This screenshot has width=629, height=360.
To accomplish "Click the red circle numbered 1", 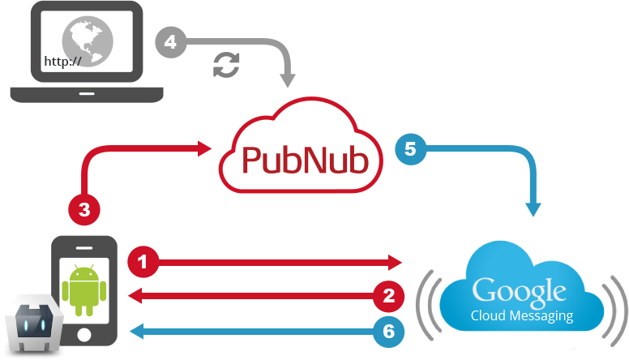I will tap(143, 262).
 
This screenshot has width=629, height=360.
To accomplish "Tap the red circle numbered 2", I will tap(388, 296).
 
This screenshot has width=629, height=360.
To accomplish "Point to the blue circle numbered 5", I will tap(409, 149).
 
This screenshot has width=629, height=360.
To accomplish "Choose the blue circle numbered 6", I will tap(388, 330).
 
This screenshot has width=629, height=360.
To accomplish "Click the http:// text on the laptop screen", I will tap(62, 61).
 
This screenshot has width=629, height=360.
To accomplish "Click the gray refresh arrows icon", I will tap(226, 65).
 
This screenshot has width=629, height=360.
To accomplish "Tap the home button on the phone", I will tap(83, 335).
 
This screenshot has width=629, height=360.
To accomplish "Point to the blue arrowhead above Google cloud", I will tap(534, 209).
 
